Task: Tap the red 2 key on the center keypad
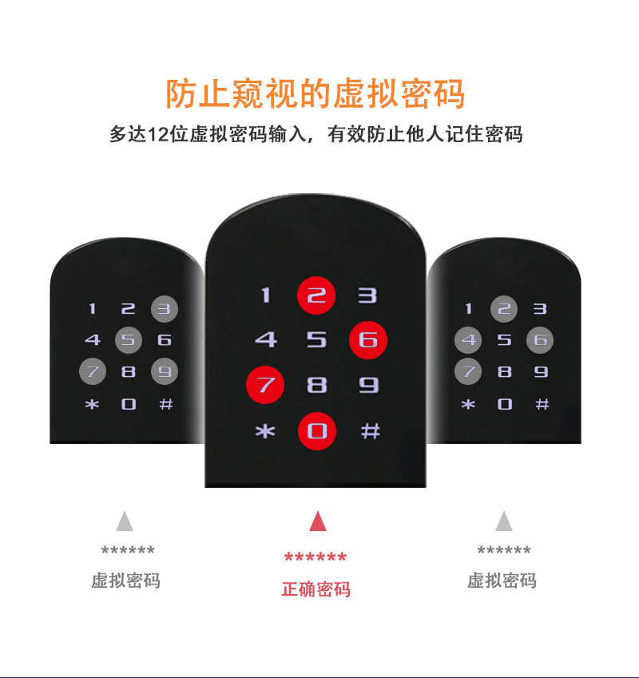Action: coord(317,295)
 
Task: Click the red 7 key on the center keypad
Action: coord(265,385)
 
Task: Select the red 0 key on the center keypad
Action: coord(317,432)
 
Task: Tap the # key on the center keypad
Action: coord(370,431)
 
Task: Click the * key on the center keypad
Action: coord(264,432)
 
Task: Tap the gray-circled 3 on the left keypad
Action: coord(164,308)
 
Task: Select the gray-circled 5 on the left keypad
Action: coord(128,340)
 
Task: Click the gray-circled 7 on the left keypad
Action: coord(93,371)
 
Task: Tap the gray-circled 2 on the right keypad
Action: coord(504,308)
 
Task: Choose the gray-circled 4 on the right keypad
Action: coord(469,340)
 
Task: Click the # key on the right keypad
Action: coord(542,404)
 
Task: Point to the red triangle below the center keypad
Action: coord(318,521)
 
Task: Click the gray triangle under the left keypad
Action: coord(124,521)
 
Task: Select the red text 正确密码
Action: coord(316,590)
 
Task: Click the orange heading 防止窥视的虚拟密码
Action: coord(316,94)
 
